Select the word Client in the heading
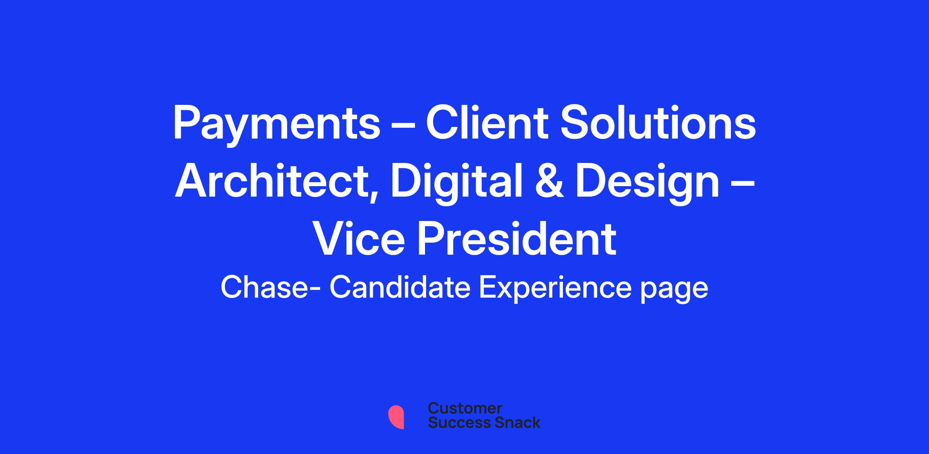pyautogui.click(x=487, y=122)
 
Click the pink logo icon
pyautogui.click(x=396, y=417)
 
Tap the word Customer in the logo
pyautogui.click(x=465, y=409)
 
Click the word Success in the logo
pyautogui.click(x=454, y=422)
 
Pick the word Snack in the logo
pyautogui.click(x=512, y=422)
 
